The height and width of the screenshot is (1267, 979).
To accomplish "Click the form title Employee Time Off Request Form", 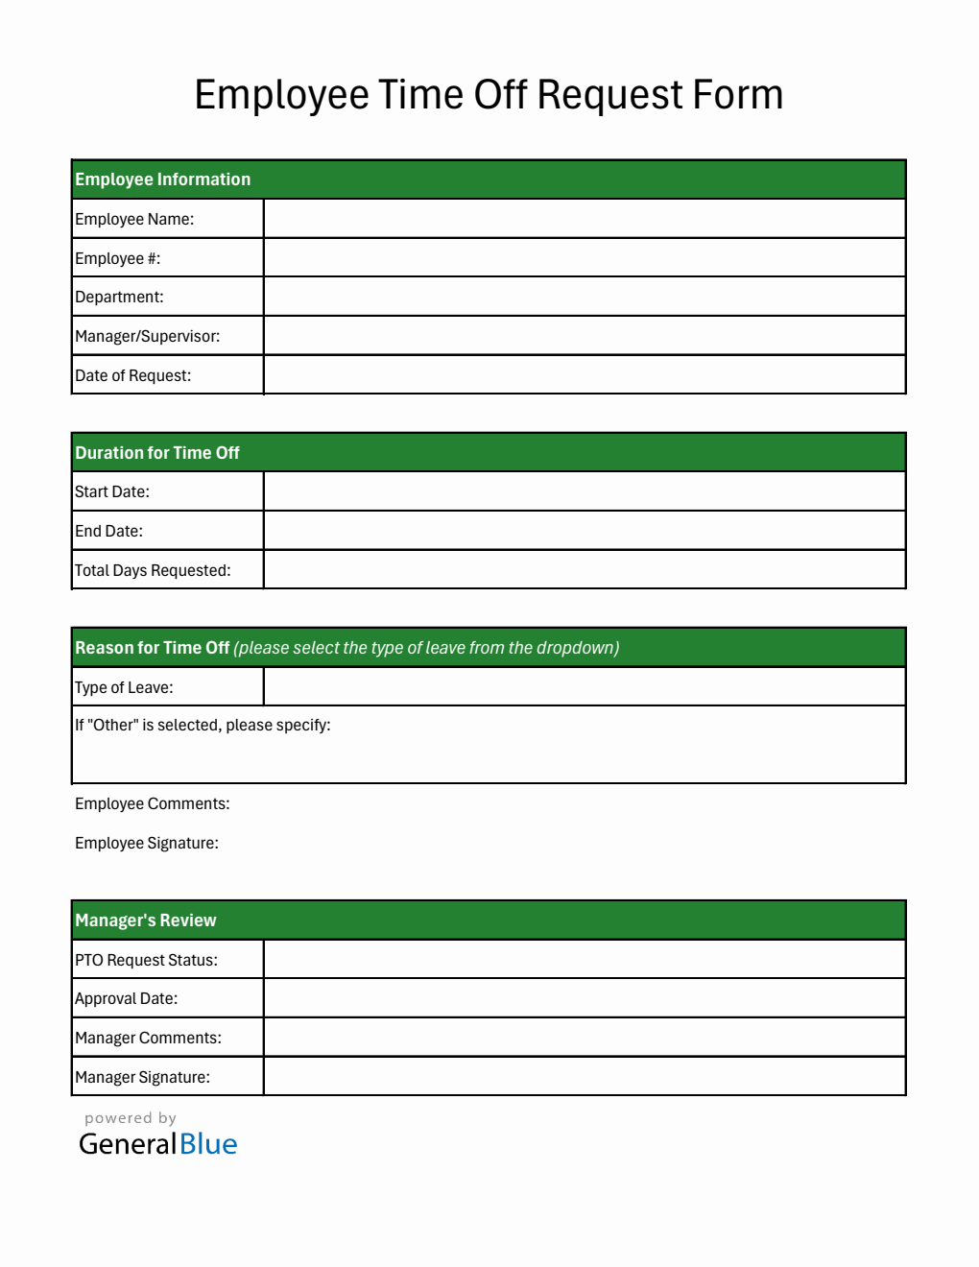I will click(x=489, y=95).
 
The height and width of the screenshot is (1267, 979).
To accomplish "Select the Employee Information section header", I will click(x=163, y=179).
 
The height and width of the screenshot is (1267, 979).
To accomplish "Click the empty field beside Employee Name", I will click(x=584, y=219).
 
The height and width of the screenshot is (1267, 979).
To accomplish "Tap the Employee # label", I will click(x=117, y=258).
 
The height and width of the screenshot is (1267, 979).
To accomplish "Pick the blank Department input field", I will click(x=584, y=297).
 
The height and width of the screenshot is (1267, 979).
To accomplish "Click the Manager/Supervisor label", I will click(x=147, y=336).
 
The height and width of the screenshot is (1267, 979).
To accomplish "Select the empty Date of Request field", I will click(x=584, y=375).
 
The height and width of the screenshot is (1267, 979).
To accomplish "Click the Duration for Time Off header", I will click(x=157, y=453).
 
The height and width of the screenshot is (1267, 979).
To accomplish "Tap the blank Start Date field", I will click(x=584, y=491).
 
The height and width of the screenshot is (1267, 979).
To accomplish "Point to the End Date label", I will click(x=108, y=531).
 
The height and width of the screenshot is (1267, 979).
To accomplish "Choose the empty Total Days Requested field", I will click(x=584, y=570).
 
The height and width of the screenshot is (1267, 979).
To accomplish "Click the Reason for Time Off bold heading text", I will click(x=152, y=648).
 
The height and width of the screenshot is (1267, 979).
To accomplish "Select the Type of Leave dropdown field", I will click(x=584, y=687).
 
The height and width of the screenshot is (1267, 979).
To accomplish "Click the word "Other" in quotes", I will click(x=113, y=726).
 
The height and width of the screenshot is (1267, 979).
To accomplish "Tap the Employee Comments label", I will click(x=152, y=803).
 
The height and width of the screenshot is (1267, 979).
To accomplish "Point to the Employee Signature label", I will click(x=146, y=843).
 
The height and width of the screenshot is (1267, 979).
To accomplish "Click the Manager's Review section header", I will click(x=146, y=920).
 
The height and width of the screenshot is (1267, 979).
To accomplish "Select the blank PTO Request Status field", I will click(x=584, y=960).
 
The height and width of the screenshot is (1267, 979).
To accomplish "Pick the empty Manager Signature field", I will click(x=584, y=1077).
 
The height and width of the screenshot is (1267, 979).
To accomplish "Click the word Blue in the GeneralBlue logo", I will click(x=208, y=1144).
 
